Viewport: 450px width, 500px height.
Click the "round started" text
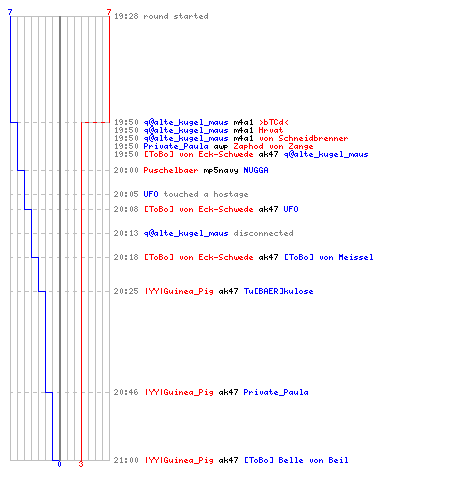tap(176, 16)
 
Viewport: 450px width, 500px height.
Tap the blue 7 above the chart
tap(10, 12)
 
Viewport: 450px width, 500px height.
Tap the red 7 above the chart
tap(109, 12)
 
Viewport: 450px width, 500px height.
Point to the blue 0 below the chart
tap(59, 464)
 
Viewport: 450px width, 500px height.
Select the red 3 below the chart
tap(81, 464)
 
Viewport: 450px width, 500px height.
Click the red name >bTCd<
tap(274, 122)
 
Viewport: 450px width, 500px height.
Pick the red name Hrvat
tap(271, 130)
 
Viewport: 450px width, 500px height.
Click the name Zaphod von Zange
tap(273, 146)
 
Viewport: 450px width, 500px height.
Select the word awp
tap(221, 147)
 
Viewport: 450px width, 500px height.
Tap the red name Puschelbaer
tap(171, 170)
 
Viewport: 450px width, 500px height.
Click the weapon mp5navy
tap(221, 171)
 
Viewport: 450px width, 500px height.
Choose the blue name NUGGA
tap(256, 170)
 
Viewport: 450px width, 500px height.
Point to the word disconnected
tap(263, 233)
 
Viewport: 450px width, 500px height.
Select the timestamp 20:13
tap(126, 233)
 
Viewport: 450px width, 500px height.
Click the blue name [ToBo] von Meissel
tap(328, 257)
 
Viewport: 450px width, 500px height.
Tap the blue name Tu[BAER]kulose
tap(278, 291)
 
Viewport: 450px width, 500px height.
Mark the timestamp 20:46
tap(126, 392)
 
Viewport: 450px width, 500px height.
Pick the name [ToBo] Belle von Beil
tap(296, 460)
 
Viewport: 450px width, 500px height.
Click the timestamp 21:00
tap(126, 460)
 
